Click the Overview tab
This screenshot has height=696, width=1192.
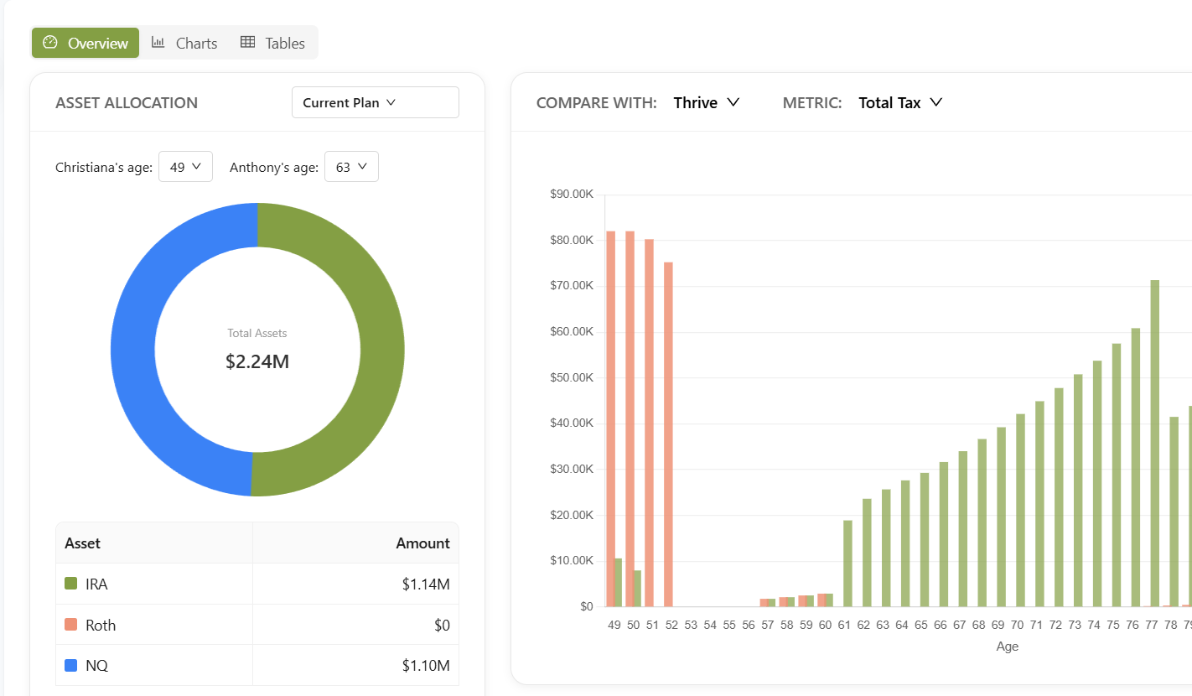[86, 43]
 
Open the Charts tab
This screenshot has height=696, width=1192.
[184, 43]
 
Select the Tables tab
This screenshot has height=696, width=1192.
[272, 43]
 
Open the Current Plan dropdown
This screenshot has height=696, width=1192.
[375, 102]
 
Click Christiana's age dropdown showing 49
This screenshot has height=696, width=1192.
[185, 167]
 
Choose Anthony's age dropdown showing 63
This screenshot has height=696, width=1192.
[351, 167]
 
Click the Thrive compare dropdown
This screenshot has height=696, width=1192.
[707, 102]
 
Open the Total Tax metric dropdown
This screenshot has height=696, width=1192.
[900, 102]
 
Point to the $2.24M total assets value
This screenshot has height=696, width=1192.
[257, 361]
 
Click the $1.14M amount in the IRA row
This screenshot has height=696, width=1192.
[426, 584]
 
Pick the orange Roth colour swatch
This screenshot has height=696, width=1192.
[70, 625]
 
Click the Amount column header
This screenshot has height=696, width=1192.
[422, 543]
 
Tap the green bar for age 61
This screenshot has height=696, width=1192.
[847, 563]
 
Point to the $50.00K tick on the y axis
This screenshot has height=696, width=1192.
[572, 377]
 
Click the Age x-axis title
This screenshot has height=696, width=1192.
[1007, 647]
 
